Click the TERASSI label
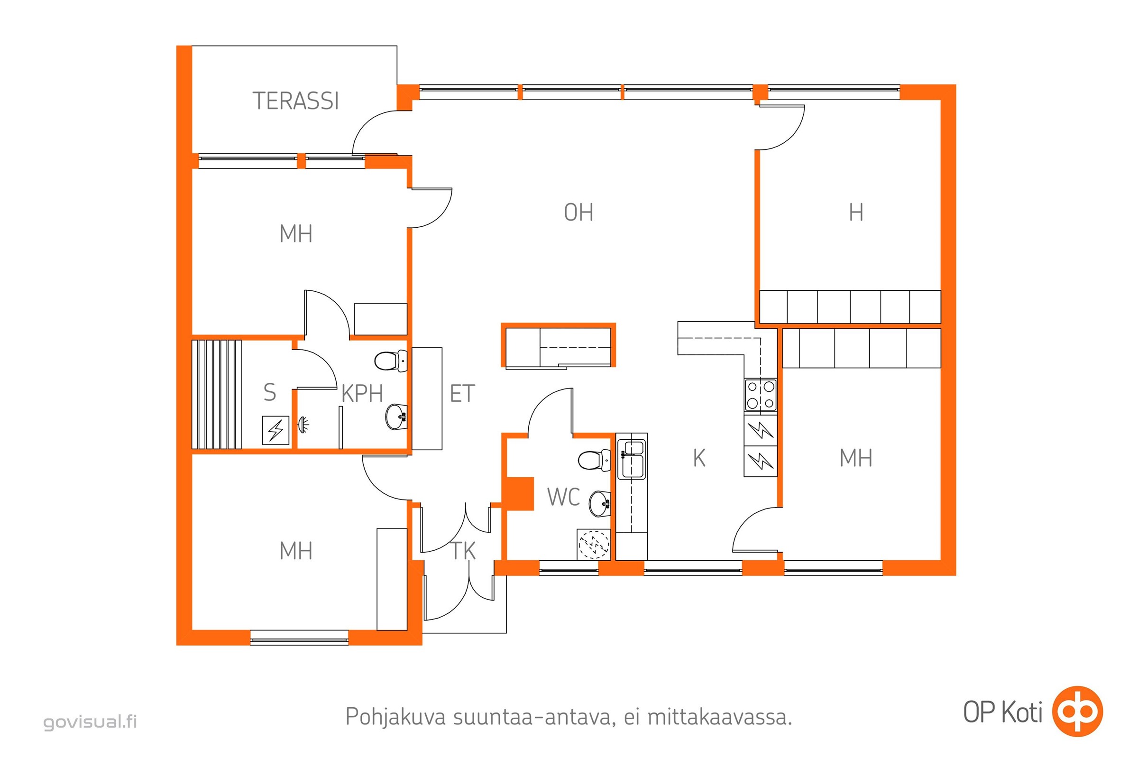click(x=295, y=101)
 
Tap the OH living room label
click(x=578, y=213)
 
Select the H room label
click(x=856, y=213)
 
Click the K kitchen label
click(x=699, y=458)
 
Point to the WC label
click(x=564, y=497)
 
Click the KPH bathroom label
click(x=362, y=394)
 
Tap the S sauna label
click(x=270, y=393)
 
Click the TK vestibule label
click(x=464, y=551)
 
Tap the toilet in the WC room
click(x=594, y=460)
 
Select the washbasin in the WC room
click(x=600, y=504)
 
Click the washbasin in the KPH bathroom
click(x=396, y=417)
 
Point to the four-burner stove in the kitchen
click(x=761, y=396)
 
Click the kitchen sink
click(x=633, y=458)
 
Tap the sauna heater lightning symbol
click(x=276, y=430)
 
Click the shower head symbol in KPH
click(x=303, y=425)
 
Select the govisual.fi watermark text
click(x=91, y=722)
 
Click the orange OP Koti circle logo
click(x=1078, y=712)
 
